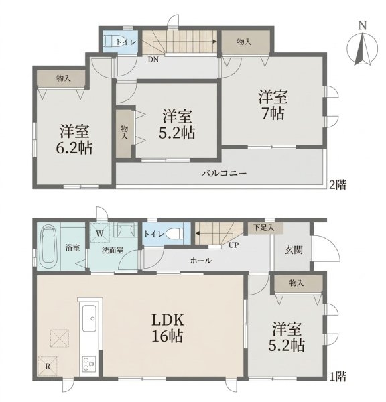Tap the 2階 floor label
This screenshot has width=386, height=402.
point(338,184)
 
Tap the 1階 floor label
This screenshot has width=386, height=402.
point(338,377)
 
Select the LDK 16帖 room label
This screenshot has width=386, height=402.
point(168,328)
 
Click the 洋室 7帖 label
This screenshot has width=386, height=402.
point(273,105)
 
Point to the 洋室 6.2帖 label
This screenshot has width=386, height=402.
point(74,139)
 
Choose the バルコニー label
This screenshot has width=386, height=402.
point(224,174)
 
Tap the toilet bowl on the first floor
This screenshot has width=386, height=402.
point(174,234)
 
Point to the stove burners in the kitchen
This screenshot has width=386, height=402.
point(89,364)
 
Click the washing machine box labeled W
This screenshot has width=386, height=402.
point(100,232)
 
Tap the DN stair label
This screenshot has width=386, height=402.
point(153,60)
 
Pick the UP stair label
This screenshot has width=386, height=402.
point(233,245)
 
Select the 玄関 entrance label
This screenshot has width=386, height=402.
point(294,250)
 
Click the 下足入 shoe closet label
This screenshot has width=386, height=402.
point(264,227)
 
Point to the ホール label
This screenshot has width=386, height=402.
point(201,261)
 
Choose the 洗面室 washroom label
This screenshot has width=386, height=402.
point(113,250)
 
